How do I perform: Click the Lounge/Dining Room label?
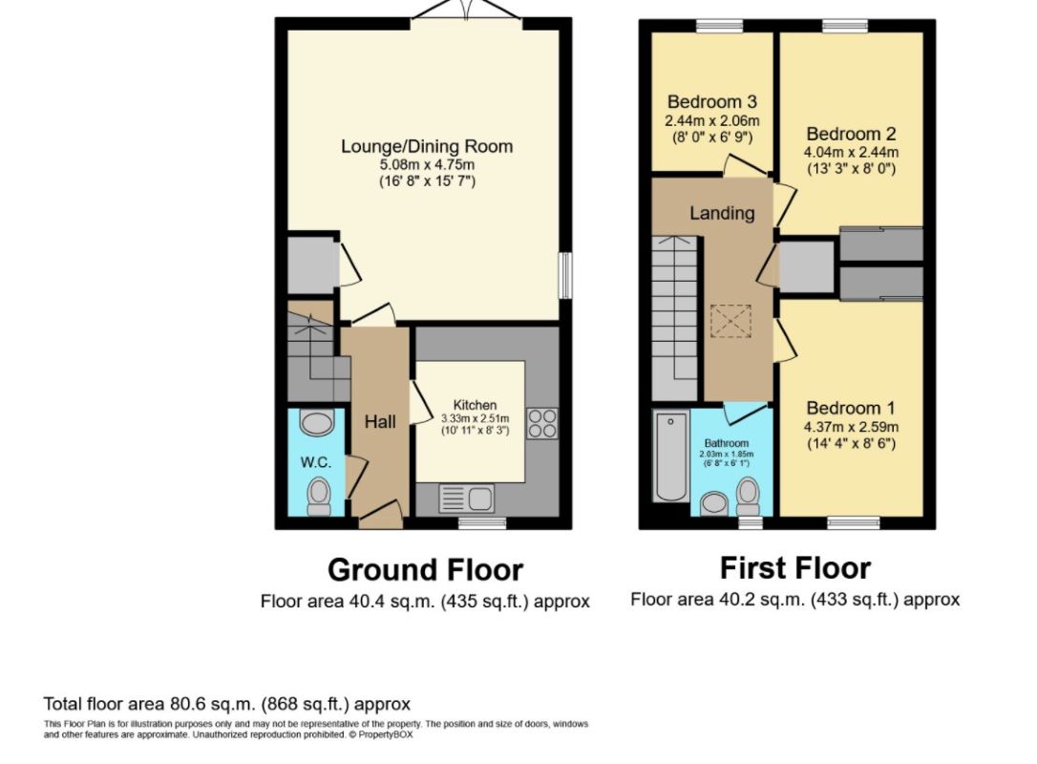click(427, 146)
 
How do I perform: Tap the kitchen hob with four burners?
click(542, 423)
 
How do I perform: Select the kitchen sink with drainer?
click(466, 499)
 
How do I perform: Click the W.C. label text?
click(315, 462)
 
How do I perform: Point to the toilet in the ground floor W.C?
click(320, 496)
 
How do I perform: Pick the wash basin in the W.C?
click(317, 423)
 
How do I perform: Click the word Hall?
click(380, 421)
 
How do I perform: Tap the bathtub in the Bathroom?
click(670, 456)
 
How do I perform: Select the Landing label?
click(722, 213)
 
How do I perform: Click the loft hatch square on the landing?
click(730, 321)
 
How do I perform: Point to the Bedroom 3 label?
click(711, 102)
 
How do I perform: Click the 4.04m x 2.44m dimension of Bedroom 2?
click(851, 152)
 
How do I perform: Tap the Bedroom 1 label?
click(851, 408)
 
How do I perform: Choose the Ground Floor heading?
click(425, 569)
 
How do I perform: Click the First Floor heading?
click(795, 568)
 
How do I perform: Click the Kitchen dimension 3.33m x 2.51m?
click(475, 418)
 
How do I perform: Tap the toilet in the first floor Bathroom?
click(748, 497)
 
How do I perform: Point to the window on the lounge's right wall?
click(566, 275)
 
